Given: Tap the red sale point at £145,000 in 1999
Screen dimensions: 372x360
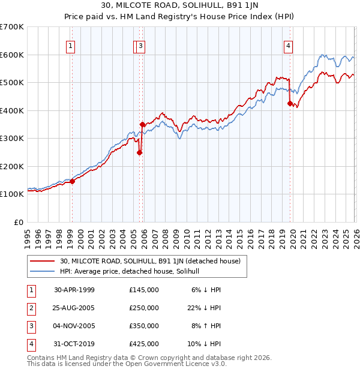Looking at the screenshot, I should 72,181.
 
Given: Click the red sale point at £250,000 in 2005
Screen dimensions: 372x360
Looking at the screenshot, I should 139,152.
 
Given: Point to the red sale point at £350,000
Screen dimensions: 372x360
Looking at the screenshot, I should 142,125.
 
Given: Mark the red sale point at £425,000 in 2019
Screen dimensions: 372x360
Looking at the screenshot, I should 290,104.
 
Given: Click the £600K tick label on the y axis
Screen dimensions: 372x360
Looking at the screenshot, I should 12,55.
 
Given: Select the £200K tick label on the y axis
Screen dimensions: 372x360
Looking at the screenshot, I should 12,166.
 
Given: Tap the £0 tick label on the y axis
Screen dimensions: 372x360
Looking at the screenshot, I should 18,222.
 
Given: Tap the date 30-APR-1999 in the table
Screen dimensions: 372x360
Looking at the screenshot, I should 74,289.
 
